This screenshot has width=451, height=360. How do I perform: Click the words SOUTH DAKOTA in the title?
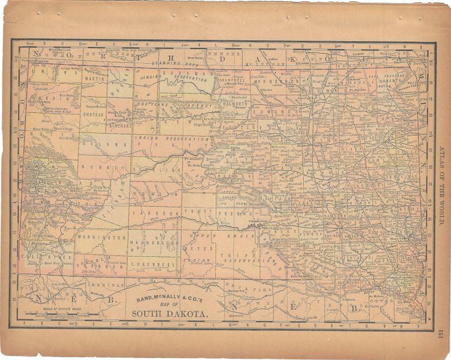170,313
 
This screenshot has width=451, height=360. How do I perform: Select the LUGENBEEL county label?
151,263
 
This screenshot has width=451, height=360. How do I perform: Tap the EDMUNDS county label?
268,113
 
